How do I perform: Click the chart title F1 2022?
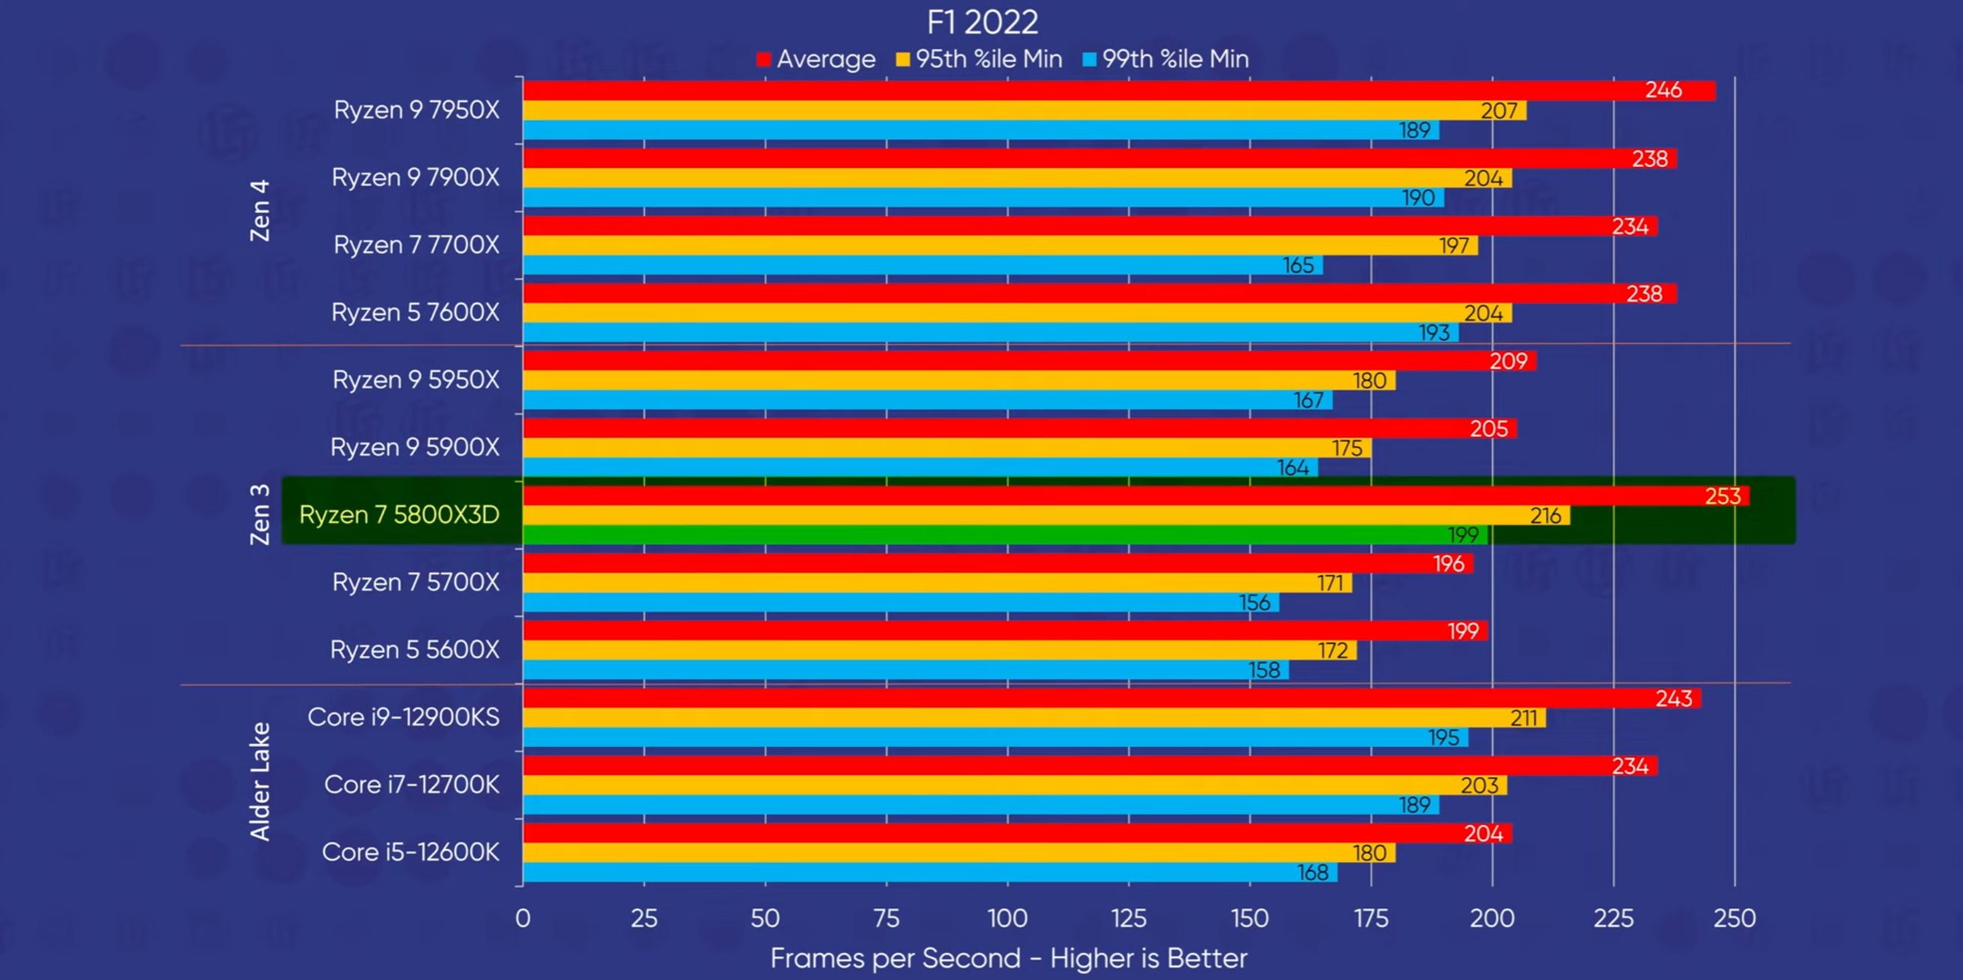tap(981, 23)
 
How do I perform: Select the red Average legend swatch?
tap(763, 59)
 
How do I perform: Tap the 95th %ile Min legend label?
tap(988, 59)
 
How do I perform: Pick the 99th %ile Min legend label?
tap(1175, 59)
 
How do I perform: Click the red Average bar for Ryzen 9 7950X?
tap(1067, 91)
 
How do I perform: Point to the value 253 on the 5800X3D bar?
tap(1722, 496)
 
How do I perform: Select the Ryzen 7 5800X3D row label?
tap(399, 515)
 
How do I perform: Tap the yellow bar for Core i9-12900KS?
tap(990, 718)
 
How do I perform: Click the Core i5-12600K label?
tap(411, 852)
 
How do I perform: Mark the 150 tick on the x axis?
tap(1250, 919)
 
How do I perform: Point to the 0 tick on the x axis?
tap(523, 919)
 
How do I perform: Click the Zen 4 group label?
tap(260, 211)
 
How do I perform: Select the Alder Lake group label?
tap(260, 782)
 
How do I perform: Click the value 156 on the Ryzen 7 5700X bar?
tap(1254, 603)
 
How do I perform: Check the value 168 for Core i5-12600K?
tap(1312, 872)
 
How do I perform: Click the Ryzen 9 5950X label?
tap(416, 380)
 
